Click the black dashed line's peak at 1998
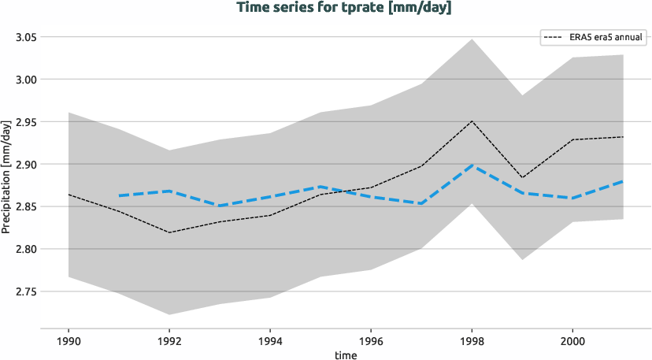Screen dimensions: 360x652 tap(472, 121)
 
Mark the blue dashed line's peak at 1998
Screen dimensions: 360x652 tap(472, 165)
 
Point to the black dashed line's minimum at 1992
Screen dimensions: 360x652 tap(170, 232)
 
